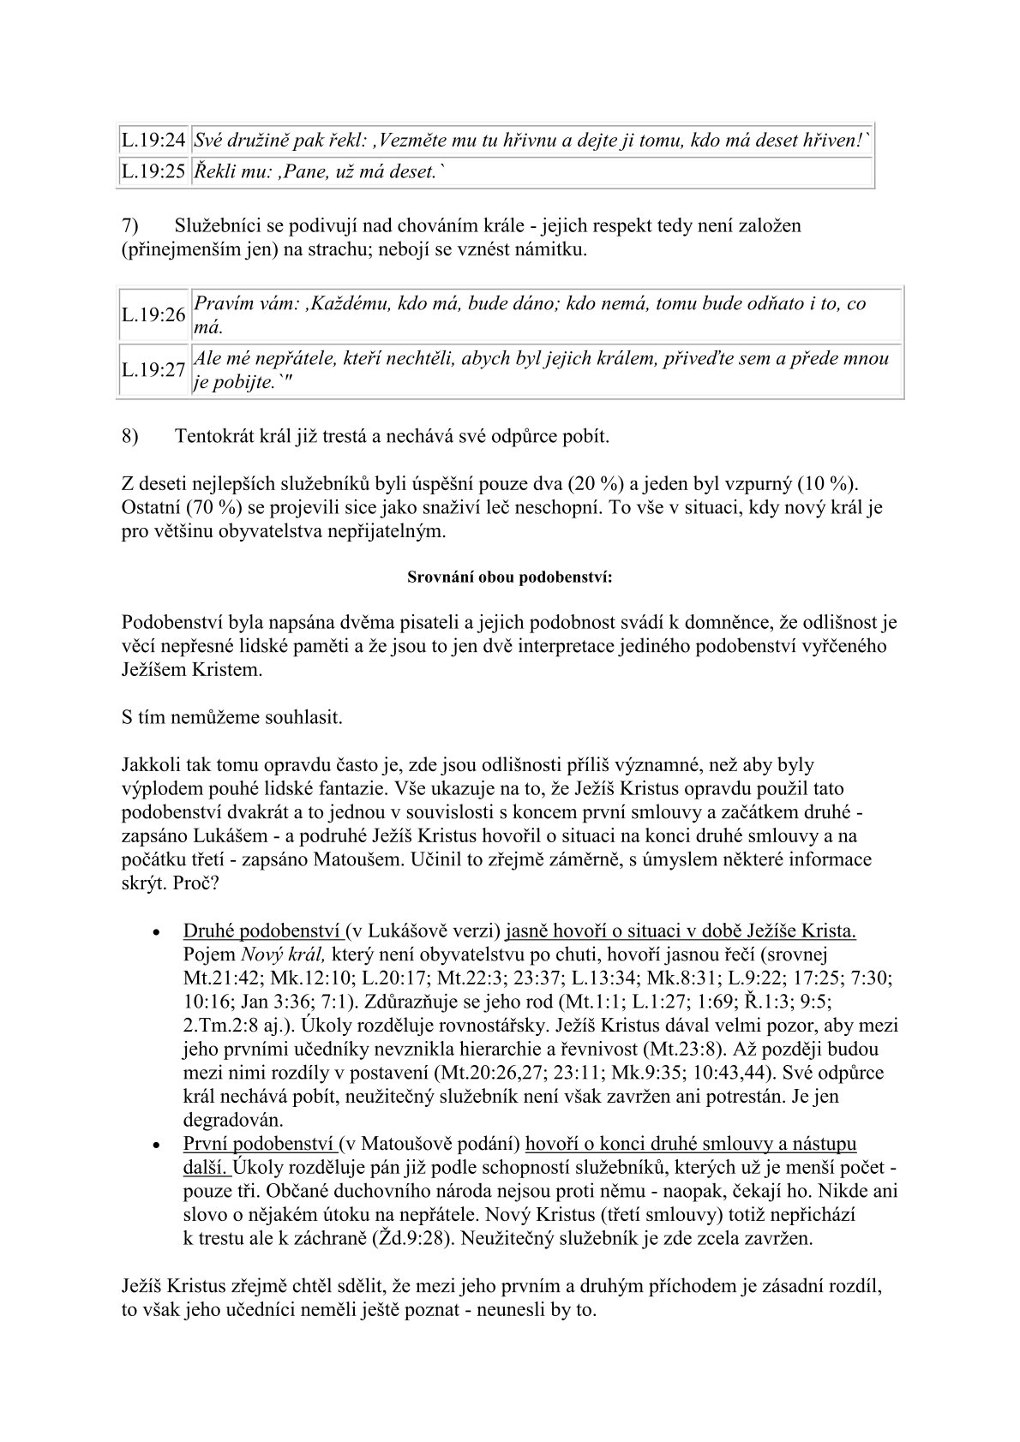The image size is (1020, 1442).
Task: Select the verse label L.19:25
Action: (x=153, y=171)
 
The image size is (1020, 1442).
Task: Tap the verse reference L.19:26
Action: (x=153, y=314)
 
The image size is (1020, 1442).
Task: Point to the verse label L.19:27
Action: (x=153, y=369)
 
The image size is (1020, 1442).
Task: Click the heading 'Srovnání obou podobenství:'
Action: (x=509, y=577)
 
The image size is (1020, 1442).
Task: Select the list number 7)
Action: (x=130, y=226)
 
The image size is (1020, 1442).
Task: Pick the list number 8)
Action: (x=130, y=436)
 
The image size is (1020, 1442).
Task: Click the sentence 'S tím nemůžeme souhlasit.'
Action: (x=232, y=717)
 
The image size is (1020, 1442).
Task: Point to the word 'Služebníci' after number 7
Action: (x=218, y=226)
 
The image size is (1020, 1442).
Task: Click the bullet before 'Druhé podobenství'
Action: (x=154, y=932)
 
